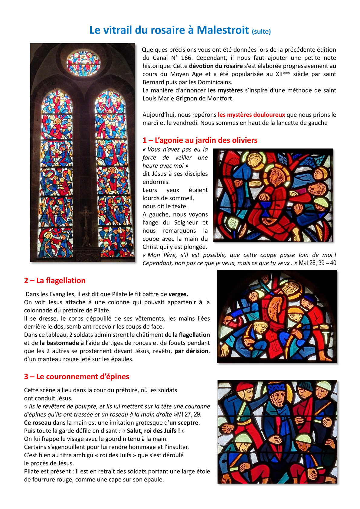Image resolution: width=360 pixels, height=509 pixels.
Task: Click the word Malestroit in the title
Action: [x=223, y=30]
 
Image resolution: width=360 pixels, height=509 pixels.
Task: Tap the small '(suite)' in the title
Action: [x=261, y=31]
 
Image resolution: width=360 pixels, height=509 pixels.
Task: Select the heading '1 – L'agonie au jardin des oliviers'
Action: [x=200, y=140]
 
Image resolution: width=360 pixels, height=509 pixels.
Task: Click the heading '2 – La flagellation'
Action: [x=55, y=281]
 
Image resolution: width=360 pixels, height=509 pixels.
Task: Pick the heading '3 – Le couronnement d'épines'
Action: [x=77, y=377]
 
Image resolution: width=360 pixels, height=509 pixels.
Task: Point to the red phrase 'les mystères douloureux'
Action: [x=251, y=115]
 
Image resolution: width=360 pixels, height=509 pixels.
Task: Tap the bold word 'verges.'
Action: [x=178, y=294]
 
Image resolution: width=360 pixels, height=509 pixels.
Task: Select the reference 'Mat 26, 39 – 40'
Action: [x=317, y=263]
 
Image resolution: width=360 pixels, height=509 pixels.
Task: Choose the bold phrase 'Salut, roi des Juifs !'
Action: [x=153, y=431]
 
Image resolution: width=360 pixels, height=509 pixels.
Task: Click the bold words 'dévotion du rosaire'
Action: [x=216, y=66]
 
